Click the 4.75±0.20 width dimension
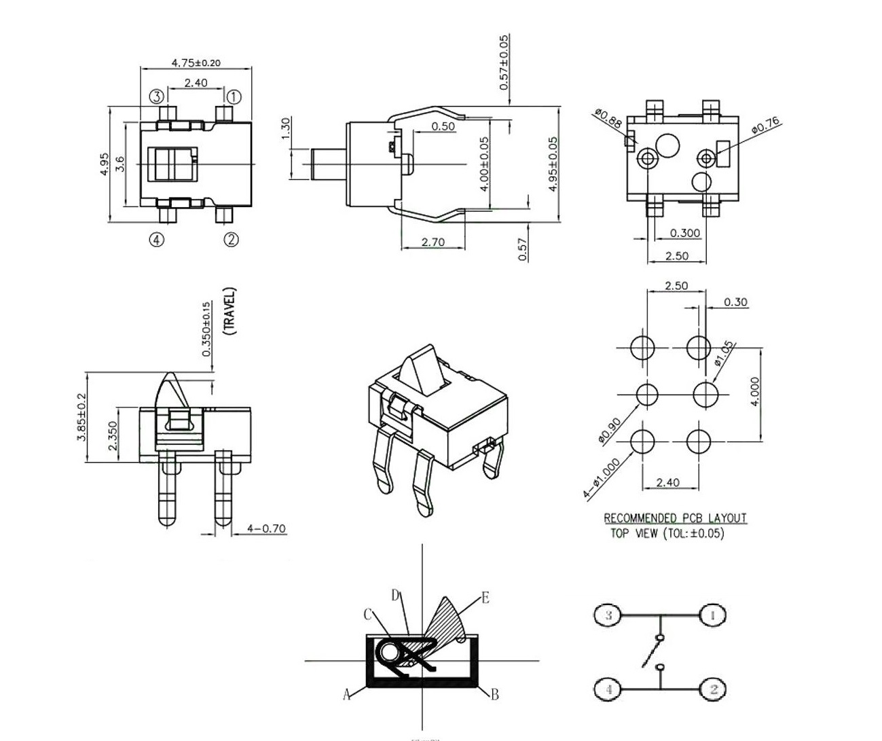(x=196, y=62)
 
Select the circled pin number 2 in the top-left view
(x=232, y=239)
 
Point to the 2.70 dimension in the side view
(x=433, y=242)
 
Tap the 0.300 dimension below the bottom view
(x=684, y=233)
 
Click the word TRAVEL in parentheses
(x=230, y=311)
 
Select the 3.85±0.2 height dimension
(x=81, y=417)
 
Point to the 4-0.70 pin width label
(x=266, y=528)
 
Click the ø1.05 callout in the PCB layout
(x=724, y=353)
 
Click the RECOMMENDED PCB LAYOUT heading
(x=675, y=518)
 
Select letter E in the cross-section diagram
(x=485, y=598)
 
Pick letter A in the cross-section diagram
(x=346, y=694)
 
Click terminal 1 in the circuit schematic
(x=712, y=615)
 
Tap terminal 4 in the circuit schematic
(x=608, y=689)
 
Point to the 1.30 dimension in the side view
(x=286, y=126)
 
